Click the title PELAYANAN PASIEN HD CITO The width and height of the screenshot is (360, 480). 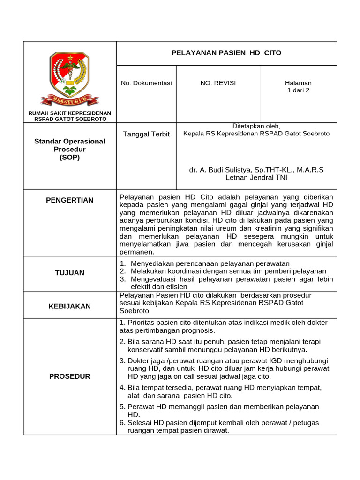[226, 53]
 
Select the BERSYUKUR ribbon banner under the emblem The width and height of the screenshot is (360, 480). [69, 99]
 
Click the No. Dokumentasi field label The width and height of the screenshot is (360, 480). [146, 83]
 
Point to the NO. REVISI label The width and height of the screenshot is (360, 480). [218, 83]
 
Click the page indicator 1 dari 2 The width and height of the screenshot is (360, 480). [298, 90]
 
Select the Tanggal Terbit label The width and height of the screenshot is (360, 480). [146, 134]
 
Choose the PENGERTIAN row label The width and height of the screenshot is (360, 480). [69, 200]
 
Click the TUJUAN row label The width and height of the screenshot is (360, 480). [69, 272]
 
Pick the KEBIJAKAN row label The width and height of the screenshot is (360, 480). [69, 306]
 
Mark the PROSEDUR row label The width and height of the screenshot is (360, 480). [69, 376]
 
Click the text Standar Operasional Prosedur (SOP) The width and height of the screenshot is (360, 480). [69, 149]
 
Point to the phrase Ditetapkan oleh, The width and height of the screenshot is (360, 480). [256, 126]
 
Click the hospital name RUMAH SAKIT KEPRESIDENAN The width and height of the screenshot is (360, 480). [69, 113]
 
